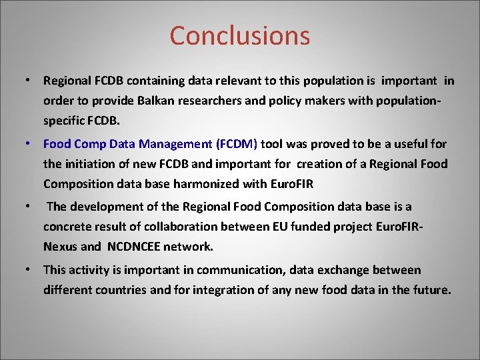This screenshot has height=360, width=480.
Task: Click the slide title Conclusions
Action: click(x=239, y=35)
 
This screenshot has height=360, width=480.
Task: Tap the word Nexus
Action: click(x=60, y=246)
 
